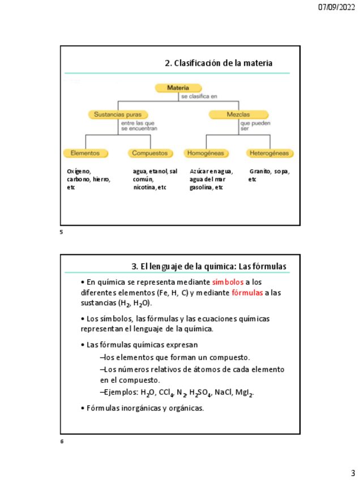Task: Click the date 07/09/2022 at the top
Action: tap(336, 7)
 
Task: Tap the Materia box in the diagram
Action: tap(178, 88)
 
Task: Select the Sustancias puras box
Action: tap(118, 114)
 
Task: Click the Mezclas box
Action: tap(238, 114)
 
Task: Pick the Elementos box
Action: tap(85, 153)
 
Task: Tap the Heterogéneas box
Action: tap(269, 153)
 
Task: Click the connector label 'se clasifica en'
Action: tap(199, 97)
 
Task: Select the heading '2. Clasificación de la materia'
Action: tap(218, 63)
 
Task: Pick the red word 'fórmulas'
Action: tap(247, 293)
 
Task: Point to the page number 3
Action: tap(352, 473)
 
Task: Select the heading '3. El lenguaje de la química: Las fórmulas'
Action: tap(209, 266)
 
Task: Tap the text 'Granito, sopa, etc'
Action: tap(269, 175)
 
